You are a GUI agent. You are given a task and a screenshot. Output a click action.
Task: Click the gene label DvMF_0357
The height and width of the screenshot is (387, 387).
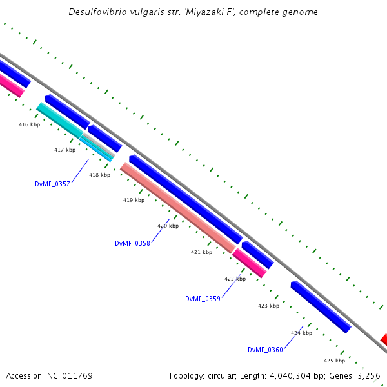(52, 184)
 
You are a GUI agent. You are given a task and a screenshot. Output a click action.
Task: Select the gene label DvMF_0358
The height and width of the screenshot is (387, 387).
(132, 243)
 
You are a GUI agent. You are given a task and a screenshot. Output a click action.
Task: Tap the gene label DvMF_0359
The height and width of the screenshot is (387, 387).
(203, 299)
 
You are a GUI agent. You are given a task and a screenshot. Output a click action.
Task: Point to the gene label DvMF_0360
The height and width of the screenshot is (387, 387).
(265, 350)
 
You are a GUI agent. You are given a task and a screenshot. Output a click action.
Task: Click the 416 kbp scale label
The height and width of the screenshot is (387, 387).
(29, 124)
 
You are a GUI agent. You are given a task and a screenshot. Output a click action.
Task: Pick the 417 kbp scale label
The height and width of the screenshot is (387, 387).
(64, 150)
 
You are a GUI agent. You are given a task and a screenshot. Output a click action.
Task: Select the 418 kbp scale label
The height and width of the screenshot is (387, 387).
(99, 175)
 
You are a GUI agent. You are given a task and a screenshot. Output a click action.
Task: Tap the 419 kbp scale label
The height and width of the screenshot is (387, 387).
(134, 200)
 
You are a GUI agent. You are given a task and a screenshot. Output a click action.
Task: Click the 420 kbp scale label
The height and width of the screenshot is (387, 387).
(168, 226)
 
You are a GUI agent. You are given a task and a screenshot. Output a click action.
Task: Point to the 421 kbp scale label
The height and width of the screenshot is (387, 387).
(201, 252)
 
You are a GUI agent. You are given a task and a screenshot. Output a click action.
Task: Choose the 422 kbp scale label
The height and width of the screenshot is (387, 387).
(235, 279)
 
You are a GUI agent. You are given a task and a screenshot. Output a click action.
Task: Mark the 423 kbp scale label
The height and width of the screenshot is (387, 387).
(268, 306)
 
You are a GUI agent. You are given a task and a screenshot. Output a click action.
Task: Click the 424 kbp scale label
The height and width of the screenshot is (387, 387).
(301, 333)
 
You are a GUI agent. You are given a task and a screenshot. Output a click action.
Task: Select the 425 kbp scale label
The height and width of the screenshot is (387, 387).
(334, 361)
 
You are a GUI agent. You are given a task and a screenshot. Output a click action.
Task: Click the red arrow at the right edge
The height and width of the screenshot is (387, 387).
(384, 339)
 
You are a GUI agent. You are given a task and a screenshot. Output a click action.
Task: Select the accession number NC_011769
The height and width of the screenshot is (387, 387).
(70, 375)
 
